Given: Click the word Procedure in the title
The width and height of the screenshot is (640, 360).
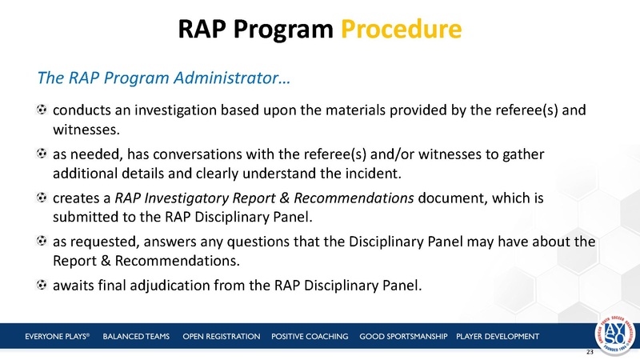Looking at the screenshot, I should [401, 30].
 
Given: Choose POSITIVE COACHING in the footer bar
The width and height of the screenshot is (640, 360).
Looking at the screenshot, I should [310, 335].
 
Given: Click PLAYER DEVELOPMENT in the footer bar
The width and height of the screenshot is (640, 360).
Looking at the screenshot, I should [497, 335].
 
